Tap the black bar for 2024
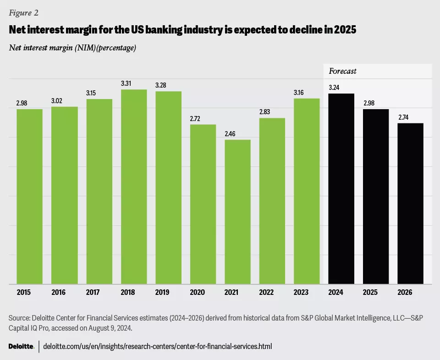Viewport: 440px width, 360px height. click(x=341, y=189)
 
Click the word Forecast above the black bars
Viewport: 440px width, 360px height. click(x=343, y=71)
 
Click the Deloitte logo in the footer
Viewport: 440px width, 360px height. click(x=22, y=347)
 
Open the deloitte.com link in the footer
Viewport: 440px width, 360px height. click(x=157, y=347)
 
